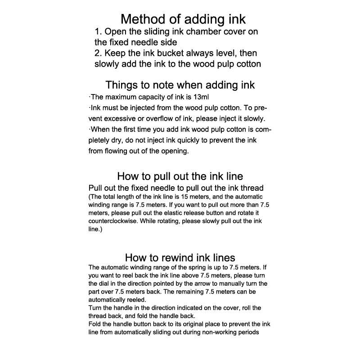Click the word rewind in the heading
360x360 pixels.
(171, 258)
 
